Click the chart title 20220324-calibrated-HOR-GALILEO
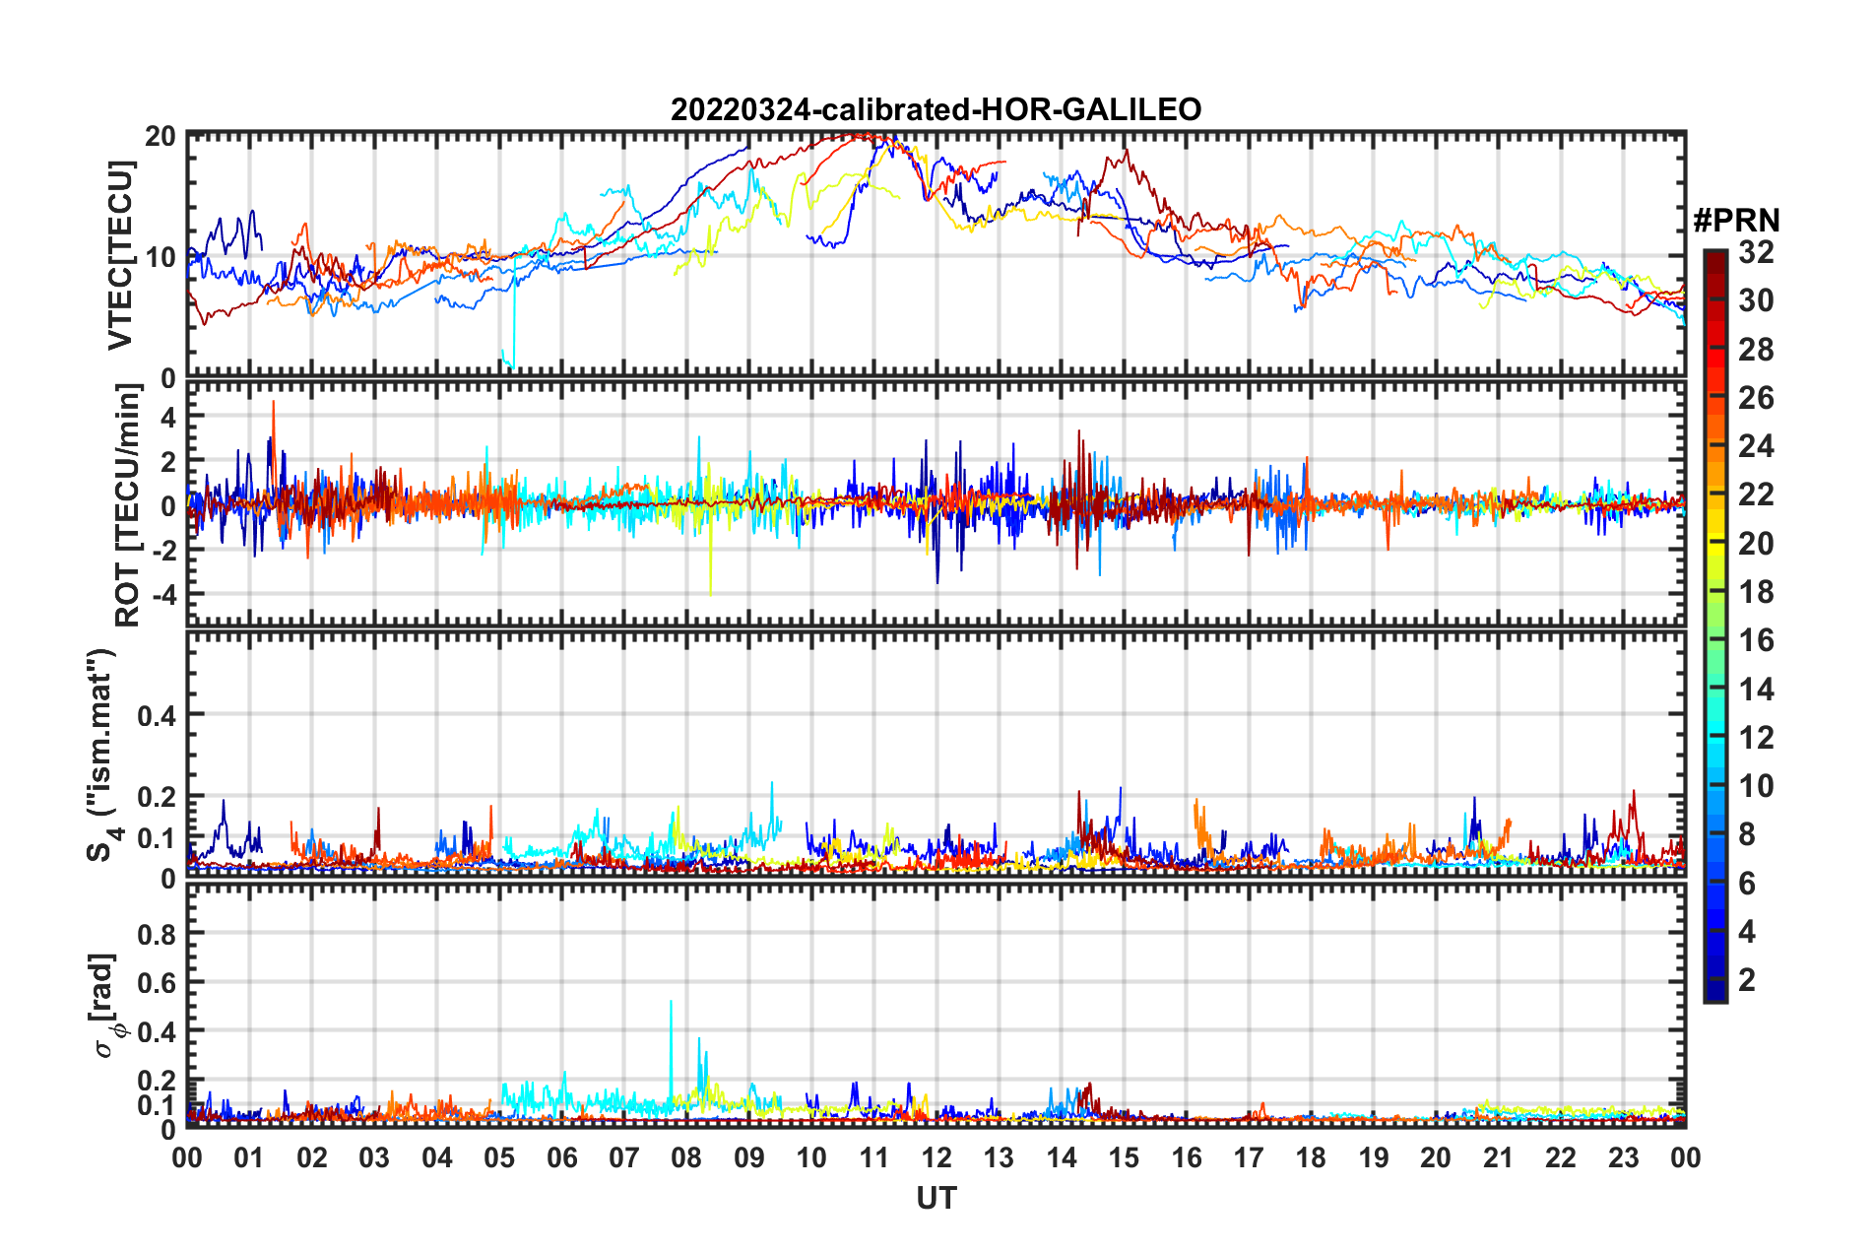pyautogui.click(x=936, y=109)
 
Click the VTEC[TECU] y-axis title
pyautogui.click(x=120, y=255)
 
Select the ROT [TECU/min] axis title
pyautogui.click(x=128, y=505)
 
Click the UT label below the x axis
pyautogui.click(x=936, y=1198)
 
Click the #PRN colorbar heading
pyautogui.click(x=1736, y=221)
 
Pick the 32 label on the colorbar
pyautogui.click(x=1756, y=252)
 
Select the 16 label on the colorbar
pyautogui.click(x=1756, y=640)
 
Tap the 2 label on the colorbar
pyautogui.click(x=1747, y=979)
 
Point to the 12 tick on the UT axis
pyautogui.click(x=936, y=1157)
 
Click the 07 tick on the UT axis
pyautogui.click(x=624, y=1157)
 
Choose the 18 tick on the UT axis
pyautogui.click(x=1311, y=1157)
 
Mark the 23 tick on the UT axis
pyautogui.click(x=1623, y=1157)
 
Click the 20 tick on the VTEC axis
pyautogui.click(x=161, y=137)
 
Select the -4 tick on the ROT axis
pyautogui.click(x=161, y=595)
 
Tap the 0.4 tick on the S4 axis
pyautogui.click(x=157, y=715)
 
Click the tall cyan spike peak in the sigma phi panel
pyautogui.click(x=671, y=1003)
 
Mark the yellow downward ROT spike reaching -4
pyautogui.click(x=710, y=593)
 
